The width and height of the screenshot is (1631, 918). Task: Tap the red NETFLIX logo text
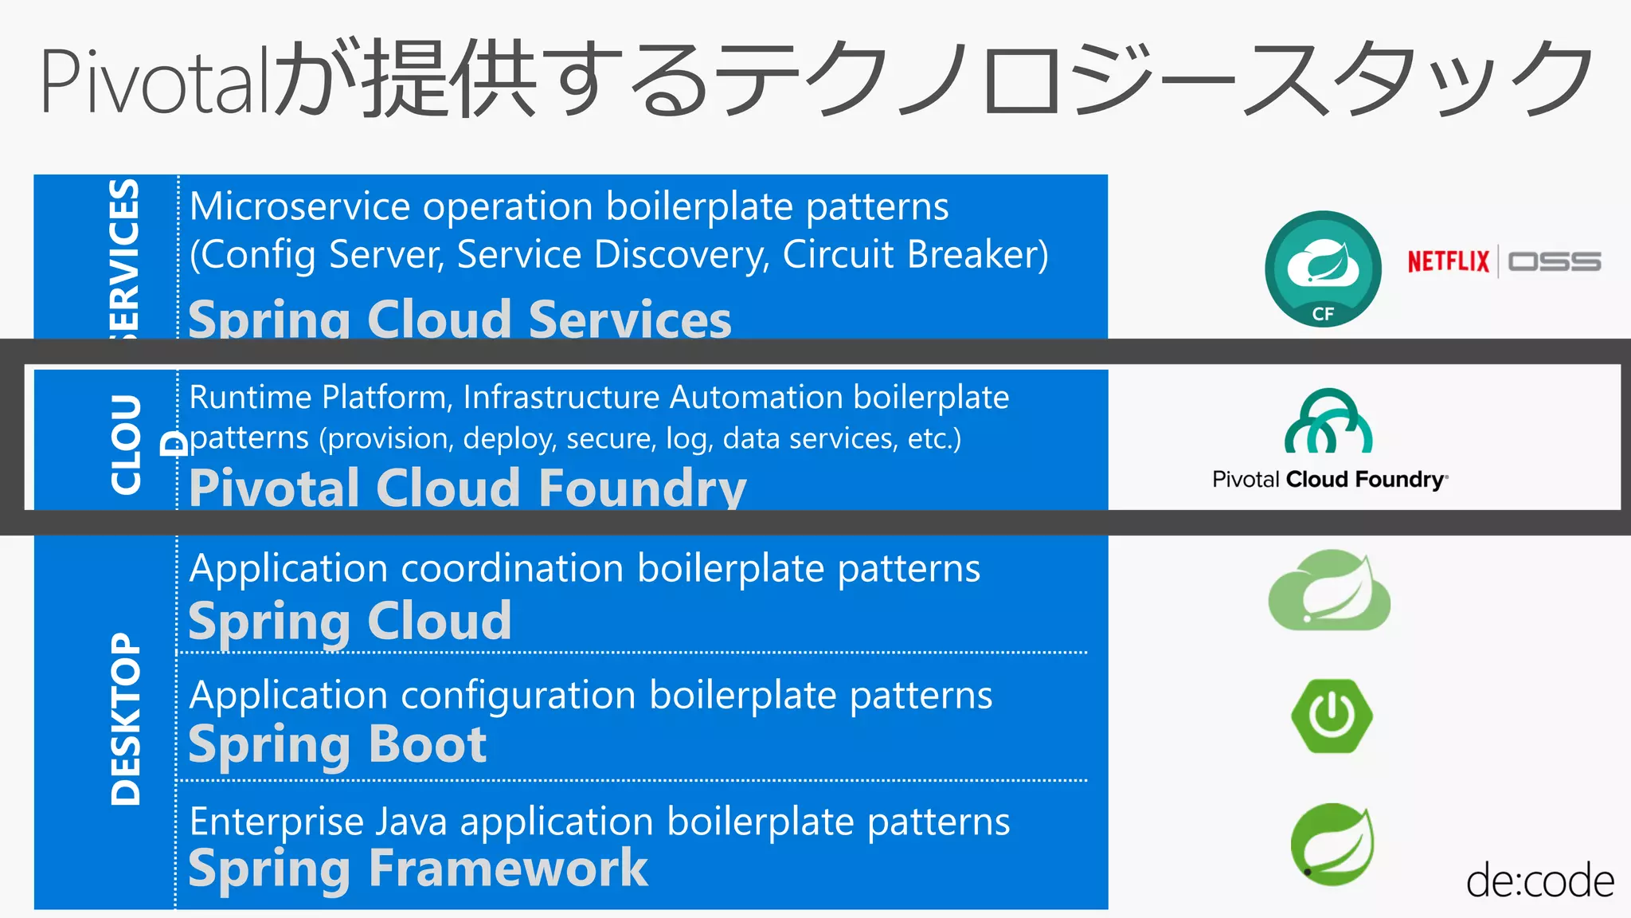click(x=1447, y=261)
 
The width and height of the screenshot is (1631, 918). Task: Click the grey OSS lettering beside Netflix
click(x=1554, y=261)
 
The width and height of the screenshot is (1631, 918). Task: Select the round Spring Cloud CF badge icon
click(x=1323, y=269)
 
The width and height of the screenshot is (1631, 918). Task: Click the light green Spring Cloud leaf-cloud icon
click(x=1328, y=591)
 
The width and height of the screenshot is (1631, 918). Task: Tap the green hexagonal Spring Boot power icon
click(x=1332, y=716)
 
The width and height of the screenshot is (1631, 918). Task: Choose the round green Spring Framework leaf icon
click(x=1332, y=843)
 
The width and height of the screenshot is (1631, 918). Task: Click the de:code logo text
click(x=1539, y=881)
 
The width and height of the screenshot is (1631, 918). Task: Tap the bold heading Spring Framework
click(x=418, y=869)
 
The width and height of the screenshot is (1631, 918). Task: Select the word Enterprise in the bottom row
click(x=276, y=822)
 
